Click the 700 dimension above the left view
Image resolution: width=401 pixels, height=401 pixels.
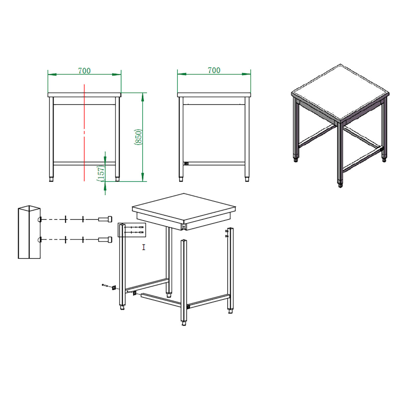click(x=84, y=71)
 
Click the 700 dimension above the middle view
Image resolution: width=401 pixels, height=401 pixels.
click(x=214, y=70)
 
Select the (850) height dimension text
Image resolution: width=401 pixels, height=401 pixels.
click(x=138, y=137)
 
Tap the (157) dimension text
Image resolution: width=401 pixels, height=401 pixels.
click(x=101, y=173)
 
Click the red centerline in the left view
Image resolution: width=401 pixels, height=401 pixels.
click(x=84, y=133)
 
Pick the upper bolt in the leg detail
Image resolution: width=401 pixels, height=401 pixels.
click(x=105, y=219)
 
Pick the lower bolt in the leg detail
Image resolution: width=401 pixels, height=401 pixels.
click(x=105, y=240)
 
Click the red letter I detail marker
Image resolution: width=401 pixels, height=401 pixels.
click(x=144, y=247)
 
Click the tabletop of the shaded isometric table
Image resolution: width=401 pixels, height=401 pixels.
click(x=340, y=92)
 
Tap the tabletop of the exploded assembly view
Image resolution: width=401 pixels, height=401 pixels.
click(x=184, y=209)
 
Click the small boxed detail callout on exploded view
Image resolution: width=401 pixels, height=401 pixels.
click(x=132, y=230)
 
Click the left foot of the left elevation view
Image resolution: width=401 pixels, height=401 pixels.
click(x=51, y=179)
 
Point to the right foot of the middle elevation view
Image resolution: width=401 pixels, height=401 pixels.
click(x=247, y=179)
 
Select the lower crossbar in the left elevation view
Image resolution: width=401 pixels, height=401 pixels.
click(x=84, y=163)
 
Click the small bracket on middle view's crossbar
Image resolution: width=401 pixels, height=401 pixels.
click(x=186, y=163)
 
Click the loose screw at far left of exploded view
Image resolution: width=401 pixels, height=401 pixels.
click(x=104, y=285)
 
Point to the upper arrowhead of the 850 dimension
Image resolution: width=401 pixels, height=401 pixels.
click(x=143, y=97)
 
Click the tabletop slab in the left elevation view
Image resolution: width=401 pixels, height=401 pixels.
click(x=84, y=95)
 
